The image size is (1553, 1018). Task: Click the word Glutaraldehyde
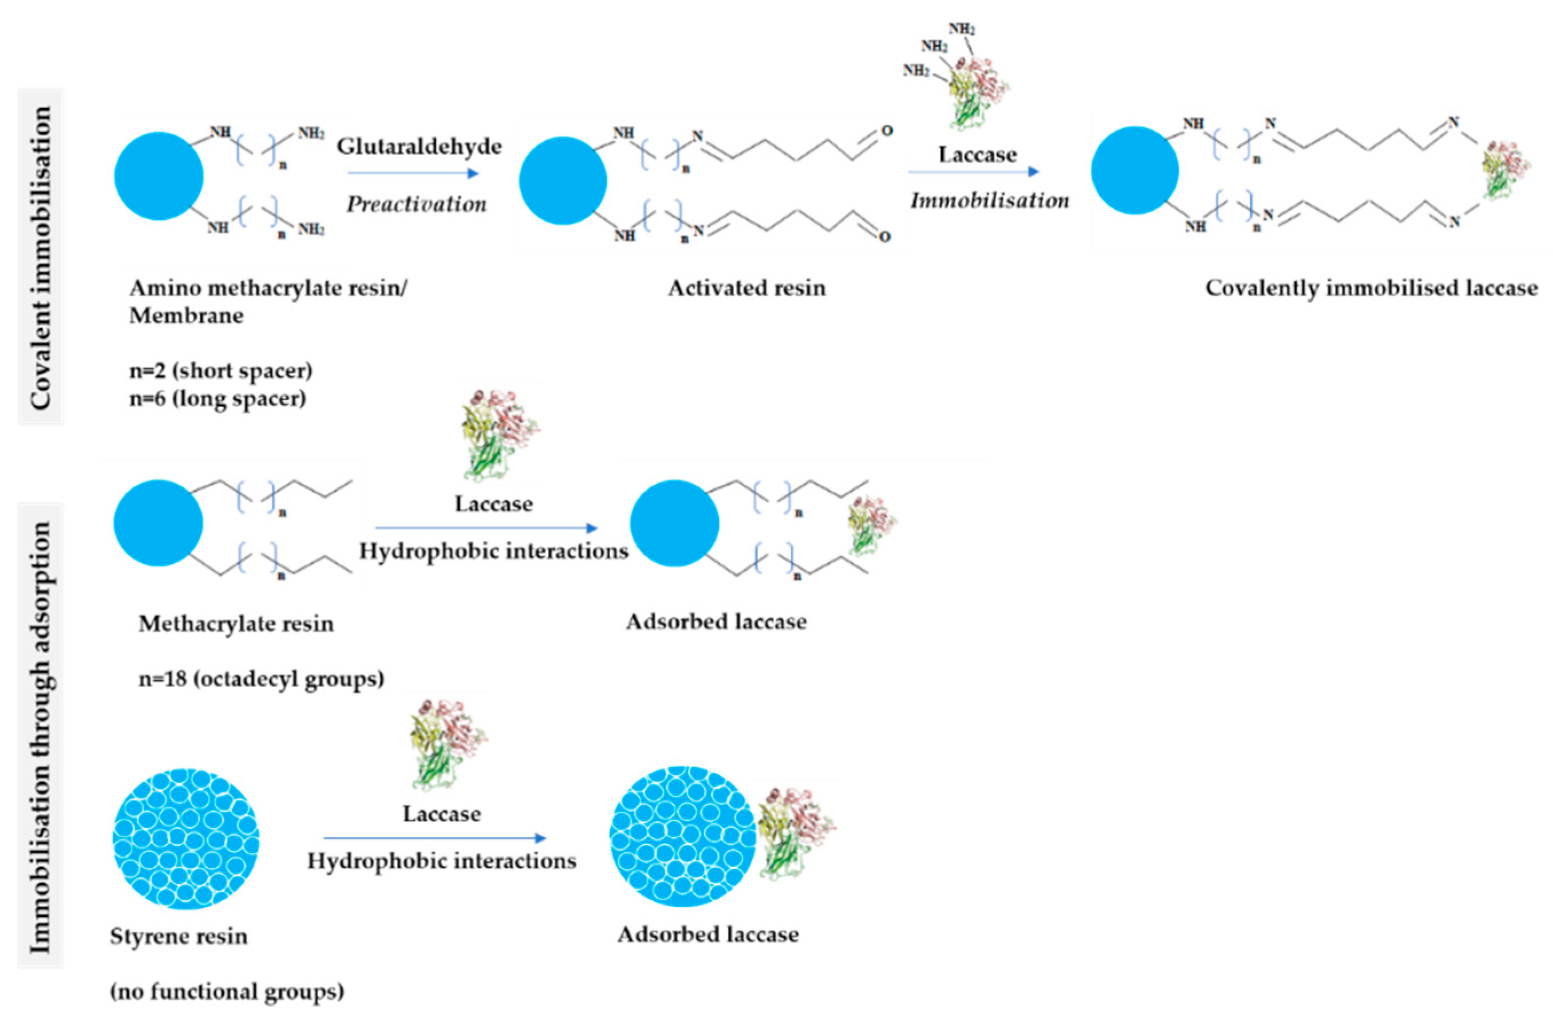tap(419, 147)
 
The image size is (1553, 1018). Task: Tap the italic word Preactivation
tap(416, 204)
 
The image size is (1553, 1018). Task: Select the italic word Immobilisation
tap(990, 200)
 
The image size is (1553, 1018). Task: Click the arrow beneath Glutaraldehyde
tap(413, 173)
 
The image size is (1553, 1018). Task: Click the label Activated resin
tap(746, 288)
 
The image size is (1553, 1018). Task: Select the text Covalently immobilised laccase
tap(1371, 288)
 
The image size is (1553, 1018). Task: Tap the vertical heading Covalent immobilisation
tap(41, 257)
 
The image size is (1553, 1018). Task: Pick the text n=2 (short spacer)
tap(220, 370)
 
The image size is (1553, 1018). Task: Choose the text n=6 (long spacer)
tap(218, 398)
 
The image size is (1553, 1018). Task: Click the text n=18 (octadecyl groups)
tap(261, 678)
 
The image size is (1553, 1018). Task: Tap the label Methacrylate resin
tap(236, 624)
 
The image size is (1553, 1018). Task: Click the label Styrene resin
tap(178, 937)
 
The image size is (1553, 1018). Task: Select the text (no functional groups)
tap(227, 991)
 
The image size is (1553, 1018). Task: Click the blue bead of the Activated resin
tap(563, 181)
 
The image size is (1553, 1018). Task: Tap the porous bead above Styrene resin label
tap(186, 839)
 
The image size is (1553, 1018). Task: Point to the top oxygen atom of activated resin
tap(887, 131)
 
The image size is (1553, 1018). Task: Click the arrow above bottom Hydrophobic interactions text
tap(434, 838)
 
